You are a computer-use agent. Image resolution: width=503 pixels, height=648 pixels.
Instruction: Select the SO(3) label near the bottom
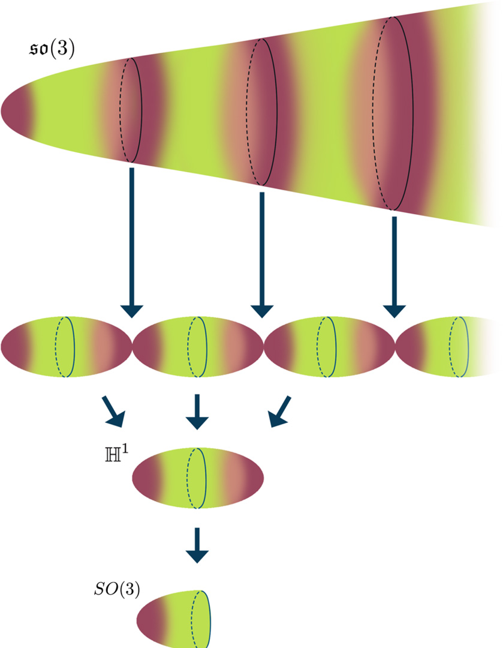pyautogui.click(x=113, y=590)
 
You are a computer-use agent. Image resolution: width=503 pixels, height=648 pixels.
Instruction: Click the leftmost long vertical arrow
pyautogui.click(x=132, y=240)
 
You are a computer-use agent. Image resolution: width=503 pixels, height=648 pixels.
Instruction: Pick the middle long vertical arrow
pyautogui.click(x=262, y=252)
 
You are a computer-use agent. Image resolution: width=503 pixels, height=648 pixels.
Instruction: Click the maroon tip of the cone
pyautogui.click(x=14, y=110)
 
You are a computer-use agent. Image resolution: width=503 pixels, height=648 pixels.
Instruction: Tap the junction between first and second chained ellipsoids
pyautogui.click(x=132, y=346)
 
